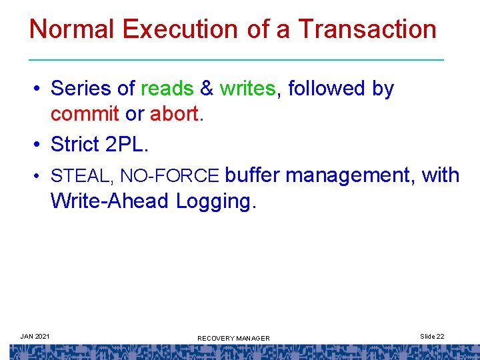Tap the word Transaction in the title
pos(367,29)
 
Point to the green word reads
pos(167,89)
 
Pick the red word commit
pos(85,115)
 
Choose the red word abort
pos(174,115)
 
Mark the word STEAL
pos(75,176)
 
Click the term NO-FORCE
pos(169,176)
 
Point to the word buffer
pos(253,175)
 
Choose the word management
pos(351,175)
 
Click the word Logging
pos(215,201)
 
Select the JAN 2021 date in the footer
pos(34,336)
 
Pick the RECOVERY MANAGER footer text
pos(233,339)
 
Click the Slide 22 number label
pos(432,336)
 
